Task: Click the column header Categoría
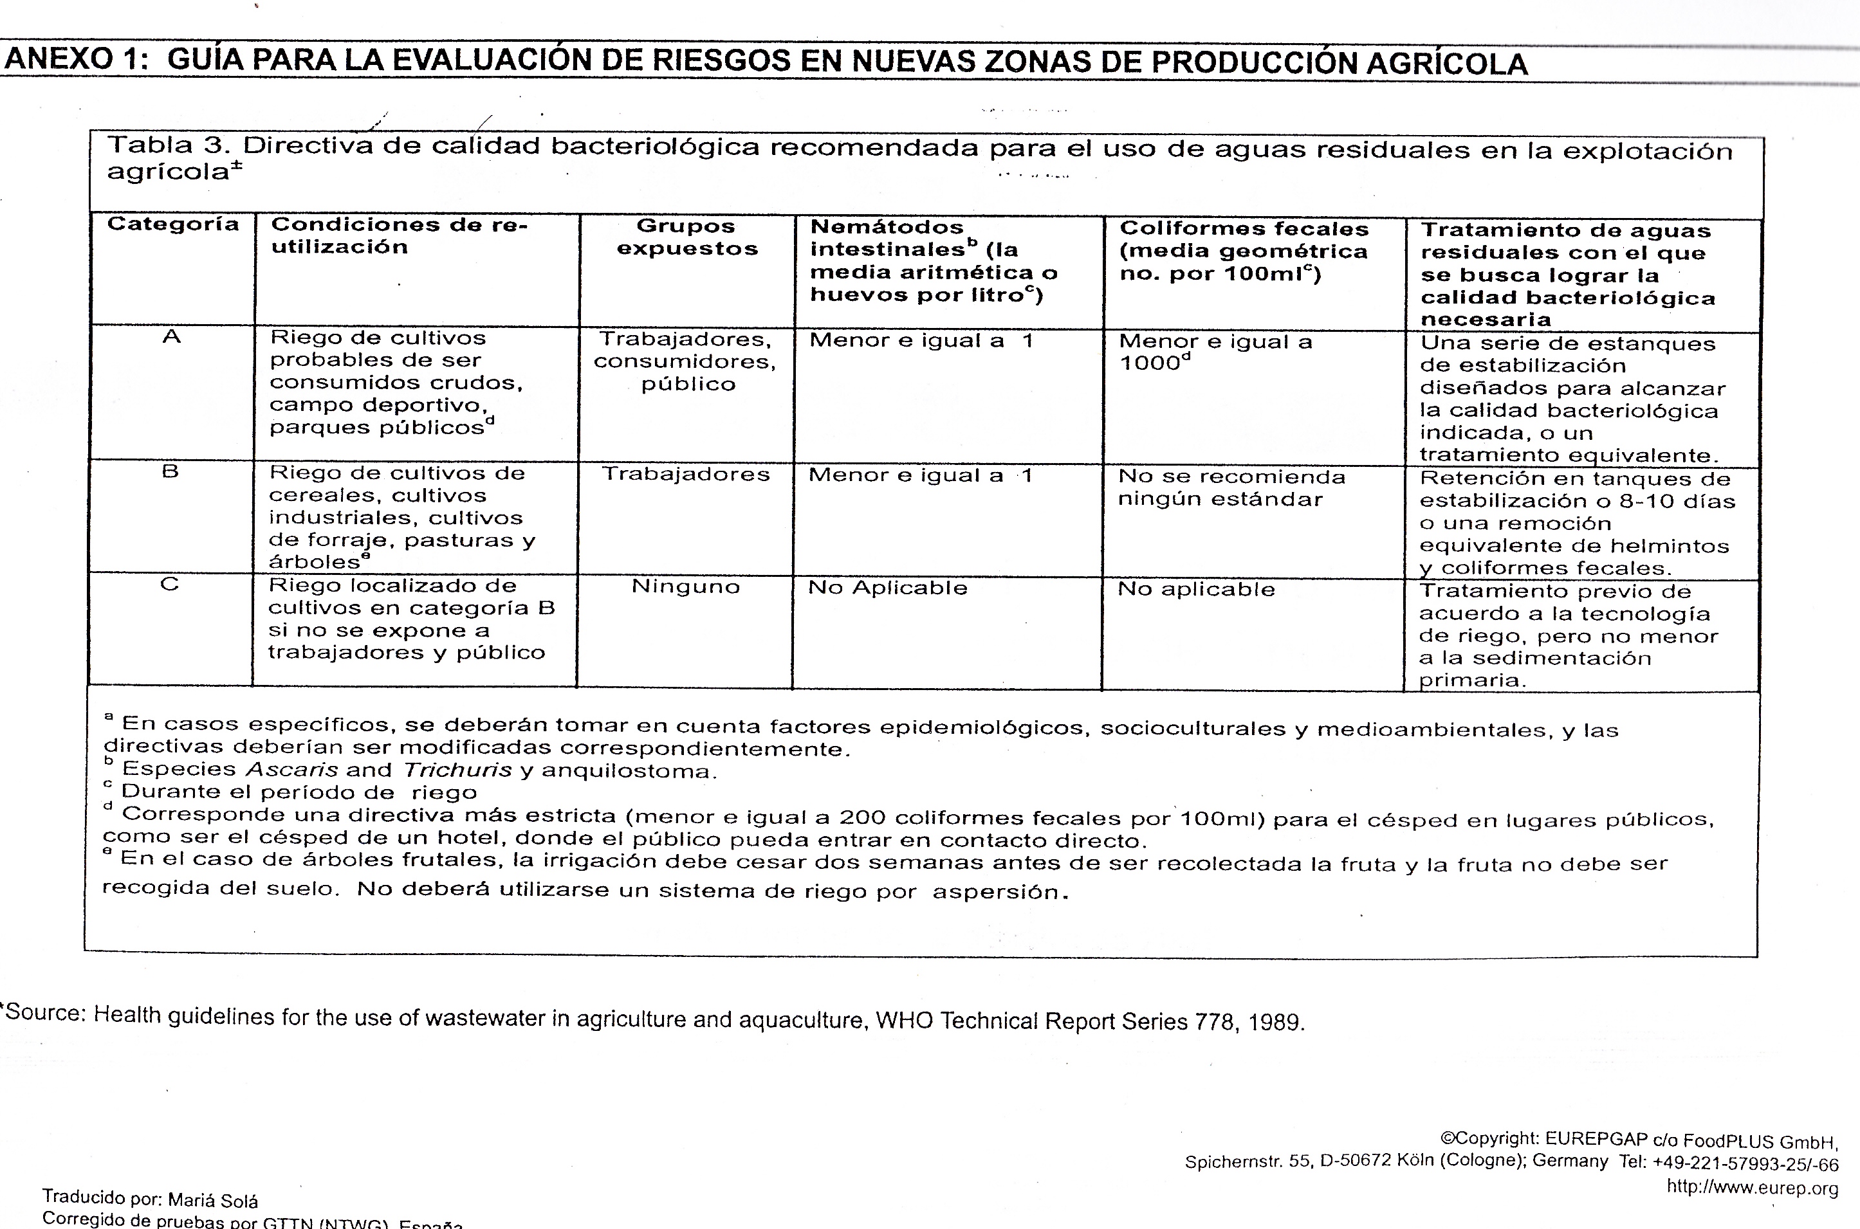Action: click(x=172, y=224)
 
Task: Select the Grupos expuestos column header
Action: click(x=687, y=237)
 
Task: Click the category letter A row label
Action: click(x=171, y=337)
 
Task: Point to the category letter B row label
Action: click(x=170, y=472)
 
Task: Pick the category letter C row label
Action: click(x=169, y=585)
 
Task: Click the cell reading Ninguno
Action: click(x=686, y=587)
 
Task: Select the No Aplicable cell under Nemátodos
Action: click(x=888, y=588)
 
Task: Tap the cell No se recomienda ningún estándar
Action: click(x=1231, y=488)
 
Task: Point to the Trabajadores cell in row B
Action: click(x=686, y=474)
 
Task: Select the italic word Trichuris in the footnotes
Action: click(x=457, y=770)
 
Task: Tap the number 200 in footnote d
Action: click(x=863, y=817)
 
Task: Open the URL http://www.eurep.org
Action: click(x=1752, y=1188)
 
